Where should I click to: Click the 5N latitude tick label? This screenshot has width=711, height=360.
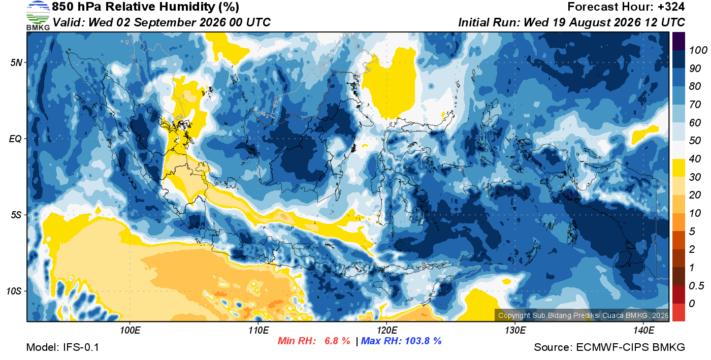point(16,62)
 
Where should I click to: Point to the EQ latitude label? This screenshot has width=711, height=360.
point(16,139)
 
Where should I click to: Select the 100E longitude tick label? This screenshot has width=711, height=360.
point(130,331)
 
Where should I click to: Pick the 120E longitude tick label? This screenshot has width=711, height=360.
point(387,331)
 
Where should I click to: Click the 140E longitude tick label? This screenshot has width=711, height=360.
point(644,331)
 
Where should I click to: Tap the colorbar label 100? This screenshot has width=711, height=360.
point(698,50)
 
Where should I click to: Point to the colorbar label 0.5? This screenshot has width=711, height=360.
point(696,286)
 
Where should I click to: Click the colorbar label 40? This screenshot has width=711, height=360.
point(695,159)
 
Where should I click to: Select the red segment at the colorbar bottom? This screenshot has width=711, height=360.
point(678,312)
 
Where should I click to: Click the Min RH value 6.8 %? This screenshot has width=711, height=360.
point(337,341)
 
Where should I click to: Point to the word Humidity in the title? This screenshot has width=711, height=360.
point(187,7)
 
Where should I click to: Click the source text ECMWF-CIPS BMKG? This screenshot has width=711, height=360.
point(630,347)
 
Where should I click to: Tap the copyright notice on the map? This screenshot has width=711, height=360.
point(584,315)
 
